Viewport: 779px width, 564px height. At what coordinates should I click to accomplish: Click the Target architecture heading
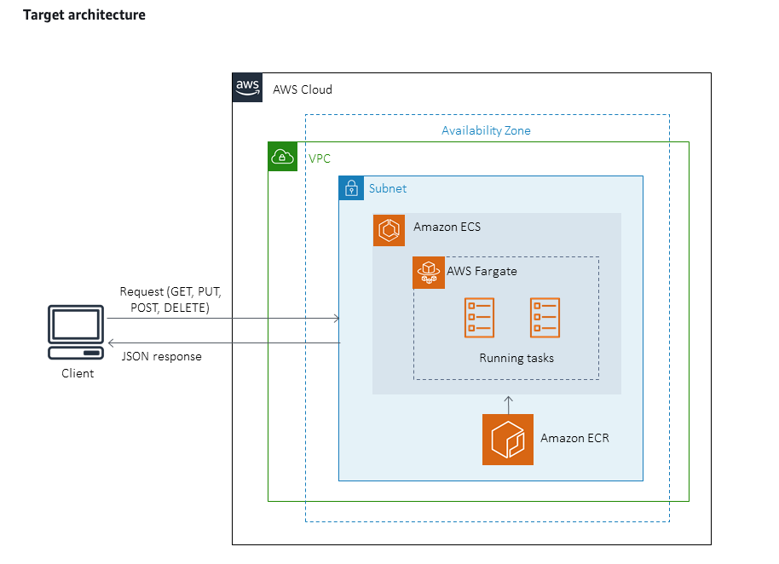coord(84,15)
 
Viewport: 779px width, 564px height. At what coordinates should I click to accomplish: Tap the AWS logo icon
coord(247,88)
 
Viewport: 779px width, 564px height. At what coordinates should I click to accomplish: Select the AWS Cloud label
coord(303,89)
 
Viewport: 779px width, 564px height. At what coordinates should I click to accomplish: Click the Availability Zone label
coord(486,130)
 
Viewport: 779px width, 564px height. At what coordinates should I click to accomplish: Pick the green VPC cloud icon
coord(282,157)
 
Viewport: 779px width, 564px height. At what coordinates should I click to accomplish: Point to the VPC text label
coord(320,158)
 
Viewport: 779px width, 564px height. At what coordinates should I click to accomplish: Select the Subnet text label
coord(388,188)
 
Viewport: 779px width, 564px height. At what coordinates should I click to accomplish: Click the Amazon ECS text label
coord(447,227)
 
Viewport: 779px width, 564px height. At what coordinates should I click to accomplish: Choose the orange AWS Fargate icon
coord(429,273)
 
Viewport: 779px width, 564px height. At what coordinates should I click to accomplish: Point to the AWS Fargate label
coord(482,271)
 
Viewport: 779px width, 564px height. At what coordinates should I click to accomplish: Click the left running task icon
coord(479,317)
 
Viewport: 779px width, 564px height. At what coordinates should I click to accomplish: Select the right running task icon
coord(545,317)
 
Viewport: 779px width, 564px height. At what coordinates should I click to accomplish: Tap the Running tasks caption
coord(516,358)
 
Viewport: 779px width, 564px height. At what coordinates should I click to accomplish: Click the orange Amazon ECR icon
coord(508,440)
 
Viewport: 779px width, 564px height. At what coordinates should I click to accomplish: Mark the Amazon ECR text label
coord(574,438)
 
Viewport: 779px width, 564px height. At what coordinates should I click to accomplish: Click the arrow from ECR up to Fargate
coord(508,404)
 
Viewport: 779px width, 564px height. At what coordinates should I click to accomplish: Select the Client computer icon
coord(77,334)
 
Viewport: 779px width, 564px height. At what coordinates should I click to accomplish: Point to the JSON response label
coord(162,356)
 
